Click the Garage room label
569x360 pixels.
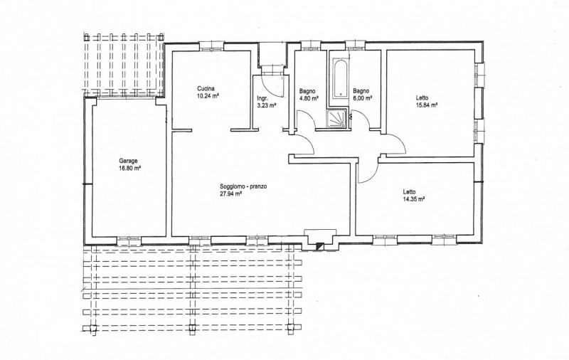point(129,161)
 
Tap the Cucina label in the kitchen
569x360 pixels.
point(206,88)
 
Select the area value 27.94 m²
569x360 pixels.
point(231,194)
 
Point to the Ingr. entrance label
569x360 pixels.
point(262,99)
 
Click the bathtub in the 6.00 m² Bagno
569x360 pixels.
point(341,79)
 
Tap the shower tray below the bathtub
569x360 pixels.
point(337,120)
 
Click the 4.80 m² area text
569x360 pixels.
point(309,98)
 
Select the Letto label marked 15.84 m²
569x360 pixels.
point(422,98)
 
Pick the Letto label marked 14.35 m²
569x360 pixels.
point(410,192)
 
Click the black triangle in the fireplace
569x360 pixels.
point(319,245)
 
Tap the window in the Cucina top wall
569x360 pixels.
point(211,46)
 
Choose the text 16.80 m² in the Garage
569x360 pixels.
point(129,169)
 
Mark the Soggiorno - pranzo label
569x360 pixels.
point(243,186)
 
